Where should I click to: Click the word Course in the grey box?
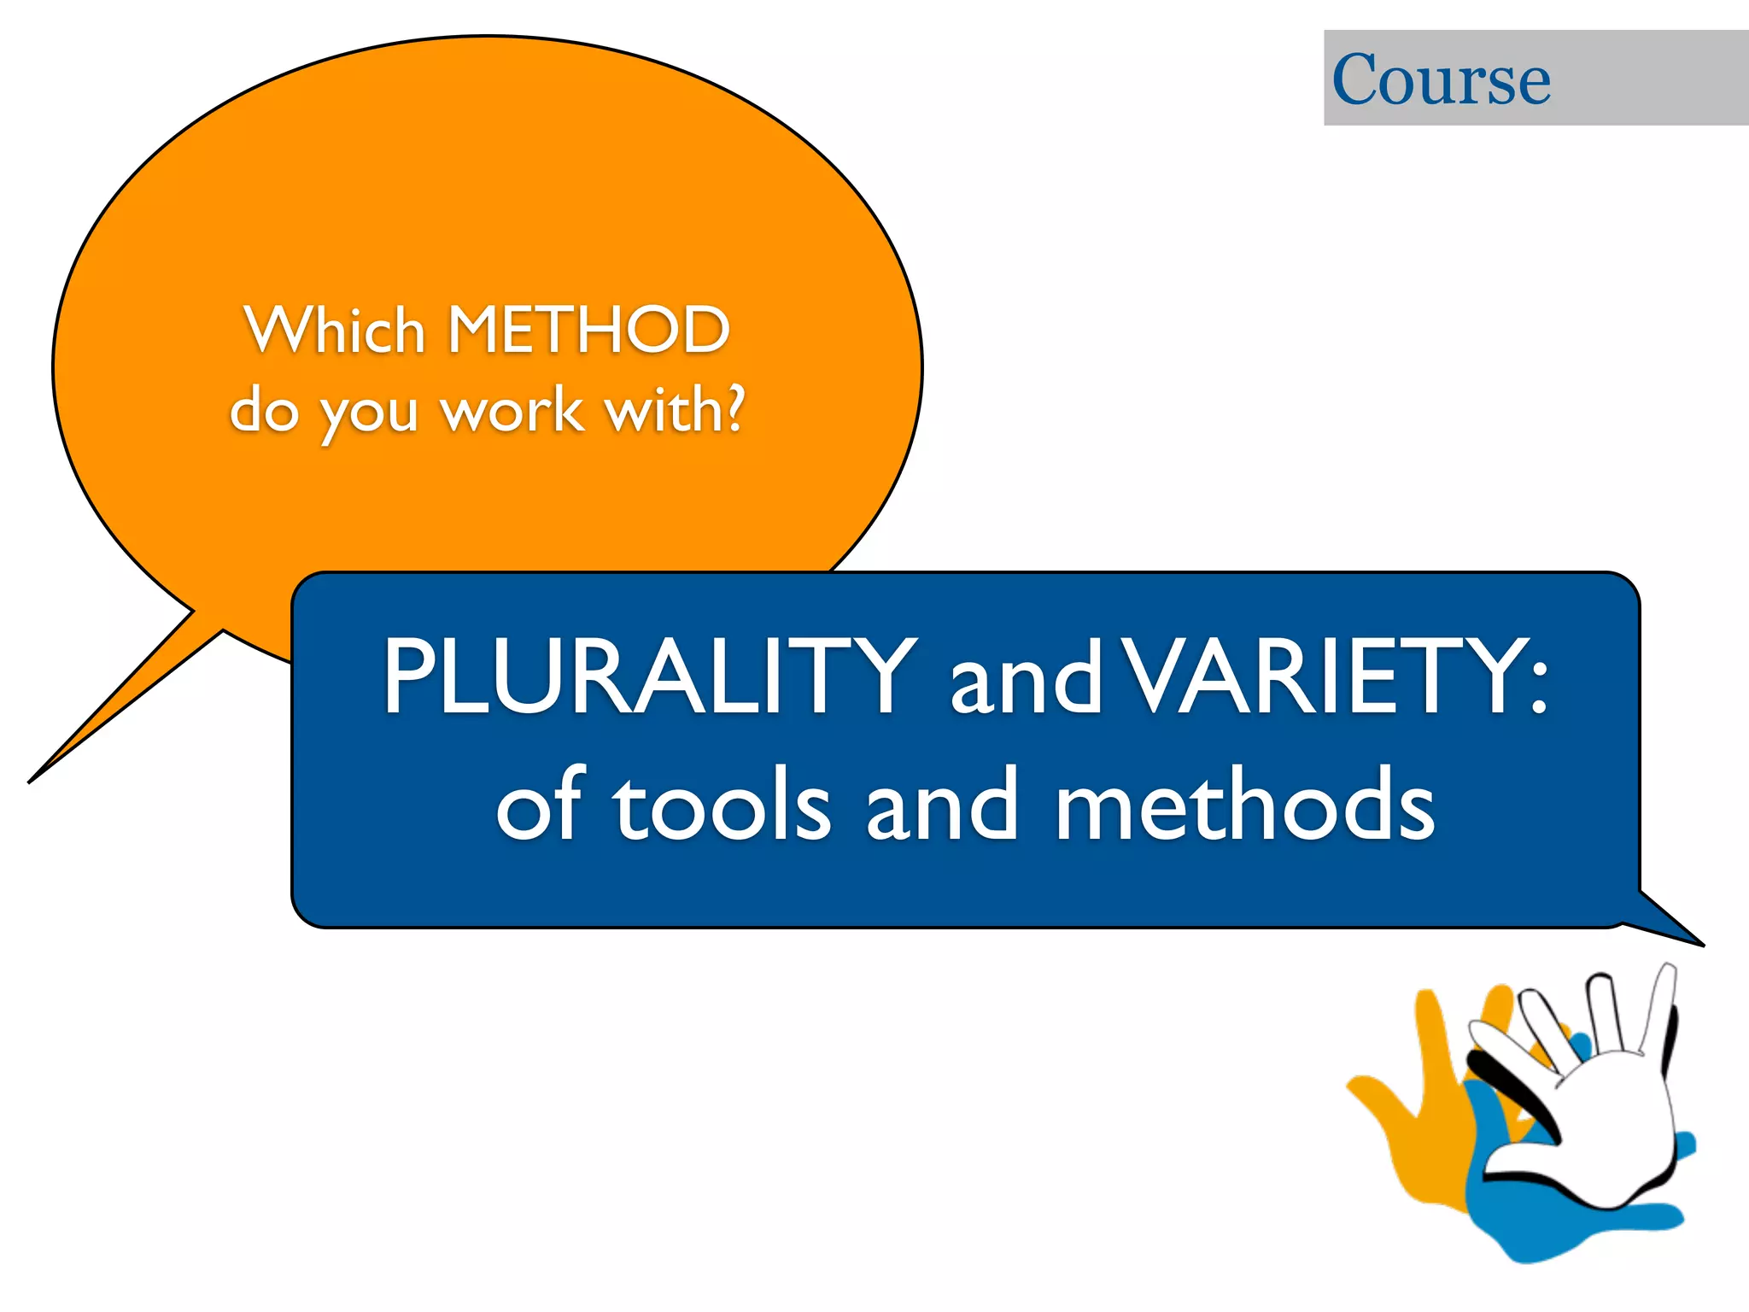click(1441, 79)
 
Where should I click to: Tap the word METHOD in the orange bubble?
click(588, 330)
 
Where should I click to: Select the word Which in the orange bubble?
click(334, 330)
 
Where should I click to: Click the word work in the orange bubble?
click(512, 411)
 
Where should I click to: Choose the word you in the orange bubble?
click(369, 415)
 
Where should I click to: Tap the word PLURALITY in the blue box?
click(649, 676)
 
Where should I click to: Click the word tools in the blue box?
click(722, 807)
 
